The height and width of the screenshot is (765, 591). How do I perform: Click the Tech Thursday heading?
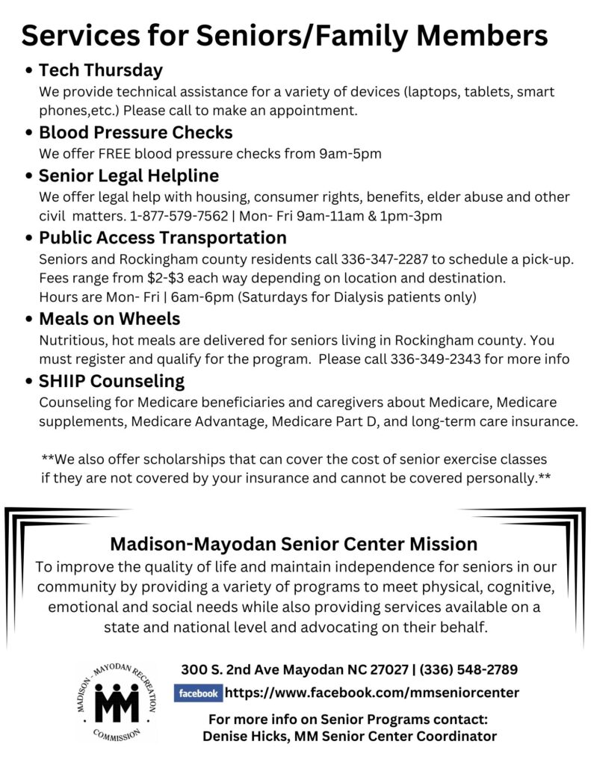coord(100,71)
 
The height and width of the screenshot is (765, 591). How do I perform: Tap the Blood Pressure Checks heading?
coord(135,133)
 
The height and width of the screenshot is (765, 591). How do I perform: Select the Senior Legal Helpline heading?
coord(129,176)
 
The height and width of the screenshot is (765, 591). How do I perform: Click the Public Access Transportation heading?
coord(162,238)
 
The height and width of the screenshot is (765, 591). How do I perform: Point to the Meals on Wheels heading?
coord(109,319)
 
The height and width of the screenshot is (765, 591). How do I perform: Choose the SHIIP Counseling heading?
coord(111,381)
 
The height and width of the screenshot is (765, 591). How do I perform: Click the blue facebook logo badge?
coord(198,693)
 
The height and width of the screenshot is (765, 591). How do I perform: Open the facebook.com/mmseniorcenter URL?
coord(371,693)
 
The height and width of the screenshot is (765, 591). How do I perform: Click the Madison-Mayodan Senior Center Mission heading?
coord(294,543)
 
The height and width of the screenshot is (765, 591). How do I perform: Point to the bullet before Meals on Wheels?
coord(28,320)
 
